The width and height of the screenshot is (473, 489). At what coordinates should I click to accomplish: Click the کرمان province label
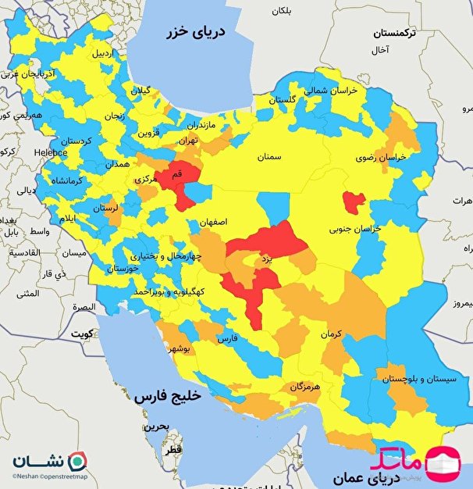tap(331, 334)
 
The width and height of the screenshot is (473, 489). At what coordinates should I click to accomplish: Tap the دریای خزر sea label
tap(198, 32)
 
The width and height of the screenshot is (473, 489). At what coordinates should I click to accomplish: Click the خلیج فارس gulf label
tap(167, 396)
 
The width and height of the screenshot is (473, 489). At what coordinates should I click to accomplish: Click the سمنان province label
tap(266, 157)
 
